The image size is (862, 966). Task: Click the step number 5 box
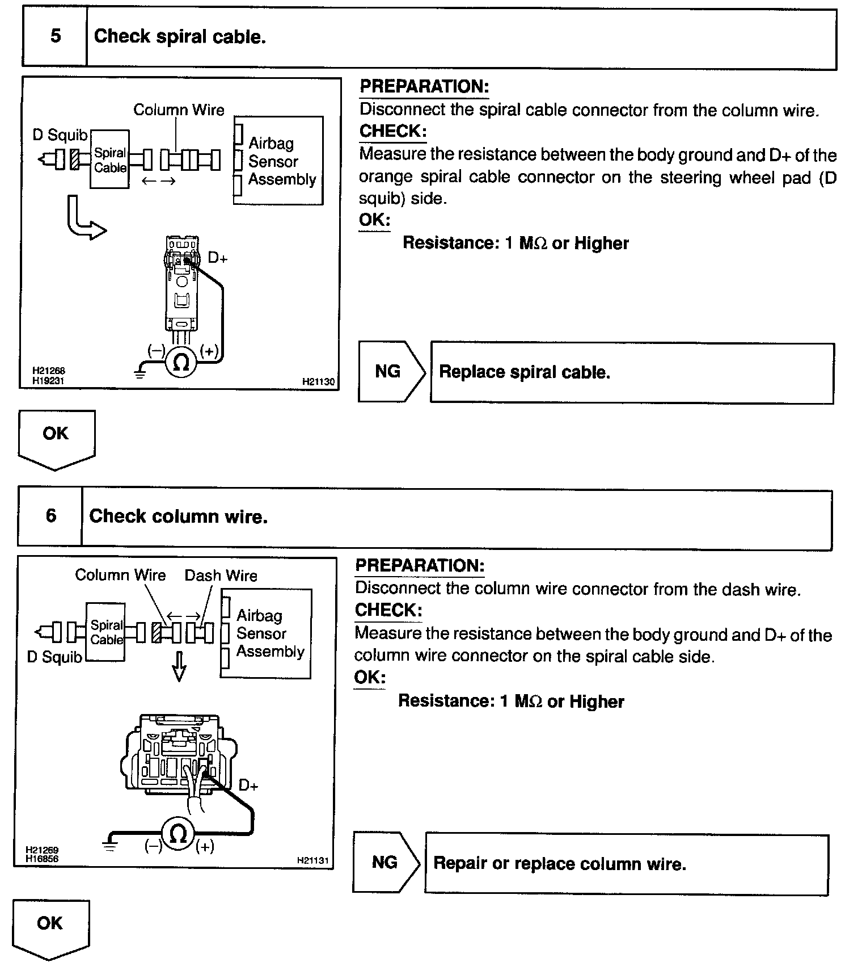pyautogui.click(x=55, y=37)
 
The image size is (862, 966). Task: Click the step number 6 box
pyautogui.click(x=50, y=516)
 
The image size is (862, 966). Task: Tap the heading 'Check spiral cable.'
pyautogui.click(x=180, y=37)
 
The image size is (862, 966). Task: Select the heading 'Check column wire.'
pyautogui.click(x=178, y=516)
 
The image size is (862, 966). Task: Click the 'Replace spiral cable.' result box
pyautogui.click(x=632, y=373)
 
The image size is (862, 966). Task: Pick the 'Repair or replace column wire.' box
pyautogui.click(x=627, y=864)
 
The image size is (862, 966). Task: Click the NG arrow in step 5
pyautogui.click(x=391, y=372)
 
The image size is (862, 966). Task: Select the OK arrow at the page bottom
pyautogui.click(x=50, y=927)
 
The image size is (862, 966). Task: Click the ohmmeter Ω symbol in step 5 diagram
pyautogui.click(x=181, y=362)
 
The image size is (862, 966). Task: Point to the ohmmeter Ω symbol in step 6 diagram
pyautogui.click(x=179, y=834)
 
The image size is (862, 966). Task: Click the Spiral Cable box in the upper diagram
pyautogui.click(x=110, y=160)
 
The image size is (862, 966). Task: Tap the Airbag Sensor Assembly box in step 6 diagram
pyautogui.click(x=266, y=633)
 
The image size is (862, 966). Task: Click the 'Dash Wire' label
pyautogui.click(x=221, y=576)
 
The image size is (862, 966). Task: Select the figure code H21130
pyautogui.click(x=318, y=382)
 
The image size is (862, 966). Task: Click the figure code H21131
pyautogui.click(x=313, y=860)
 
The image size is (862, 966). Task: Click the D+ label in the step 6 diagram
pyautogui.click(x=248, y=786)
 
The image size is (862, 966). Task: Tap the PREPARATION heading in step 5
pyautogui.click(x=424, y=87)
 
